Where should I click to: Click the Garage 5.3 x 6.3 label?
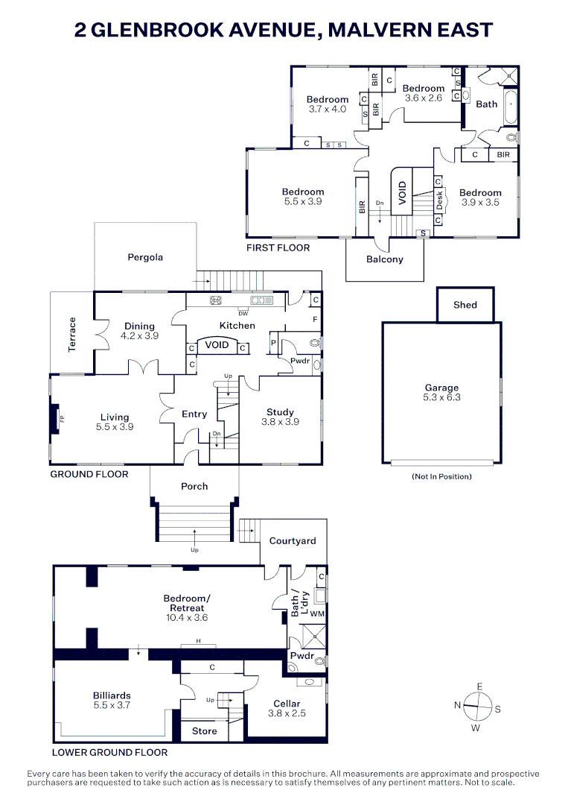[x=442, y=393]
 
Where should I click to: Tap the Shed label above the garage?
[x=465, y=305]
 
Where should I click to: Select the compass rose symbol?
[x=476, y=703]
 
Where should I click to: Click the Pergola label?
[x=144, y=257]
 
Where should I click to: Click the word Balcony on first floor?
[x=384, y=259]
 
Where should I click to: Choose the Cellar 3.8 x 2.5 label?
[x=287, y=708]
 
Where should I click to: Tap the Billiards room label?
[x=112, y=700]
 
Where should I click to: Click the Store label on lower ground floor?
[x=204, y=731]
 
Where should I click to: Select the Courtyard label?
[x=293, y=541]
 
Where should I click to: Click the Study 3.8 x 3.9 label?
[x=280, y=417]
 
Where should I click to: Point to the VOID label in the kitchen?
[x=217, y=346]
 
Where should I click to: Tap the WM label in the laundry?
[x=317, y=613]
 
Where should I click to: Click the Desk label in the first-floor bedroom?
[x=440, y=200]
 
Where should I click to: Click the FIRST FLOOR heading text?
[x=278, y=247]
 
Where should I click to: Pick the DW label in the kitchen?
[x=242, y=313]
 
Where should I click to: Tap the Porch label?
[x=195, y=487]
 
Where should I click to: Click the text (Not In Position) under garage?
[x=441, y=476]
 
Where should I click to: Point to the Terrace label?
[x=72, y=334]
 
